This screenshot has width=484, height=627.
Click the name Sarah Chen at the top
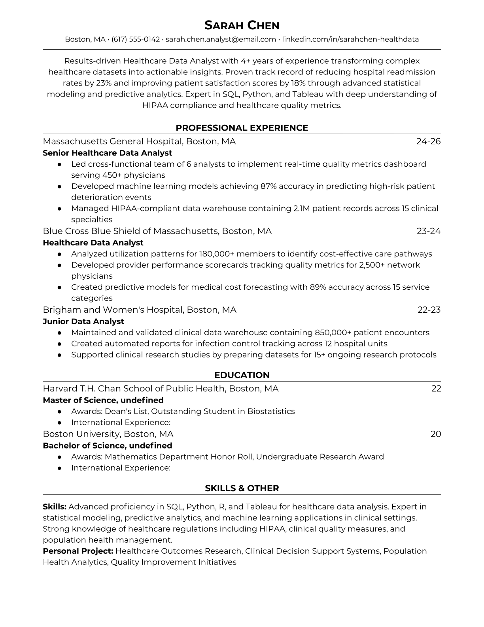(x=242, y=25)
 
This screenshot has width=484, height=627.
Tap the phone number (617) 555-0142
(x=136, y=39)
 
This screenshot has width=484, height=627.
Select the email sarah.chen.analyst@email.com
(x=221, y=39)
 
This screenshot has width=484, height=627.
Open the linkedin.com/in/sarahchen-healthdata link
(x=350, y=39)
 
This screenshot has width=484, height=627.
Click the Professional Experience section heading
(x=242, y=128)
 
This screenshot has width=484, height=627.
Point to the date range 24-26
(x=428, y=141)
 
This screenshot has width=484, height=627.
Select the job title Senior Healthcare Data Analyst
(x=107, y=153)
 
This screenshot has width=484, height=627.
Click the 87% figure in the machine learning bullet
(x=268, y=186)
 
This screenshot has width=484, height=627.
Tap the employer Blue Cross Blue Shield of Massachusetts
(x=130, y=231)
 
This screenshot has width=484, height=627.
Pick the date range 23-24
(x=428, y=231)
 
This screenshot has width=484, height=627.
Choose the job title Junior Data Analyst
(x=83, y=321)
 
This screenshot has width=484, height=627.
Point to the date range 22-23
(x=429, y=310)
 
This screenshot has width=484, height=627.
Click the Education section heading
(x=242, y=375)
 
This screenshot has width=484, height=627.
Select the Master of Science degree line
(x=103, y=400)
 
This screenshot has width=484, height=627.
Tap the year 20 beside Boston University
(x=435, y=434)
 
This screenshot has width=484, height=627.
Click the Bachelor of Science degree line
(x=107, y=445)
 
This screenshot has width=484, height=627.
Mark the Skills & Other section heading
(x=242, y=488)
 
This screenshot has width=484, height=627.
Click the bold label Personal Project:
(x=78, y=551)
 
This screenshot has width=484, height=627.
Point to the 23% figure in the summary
(x=104, y=83)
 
